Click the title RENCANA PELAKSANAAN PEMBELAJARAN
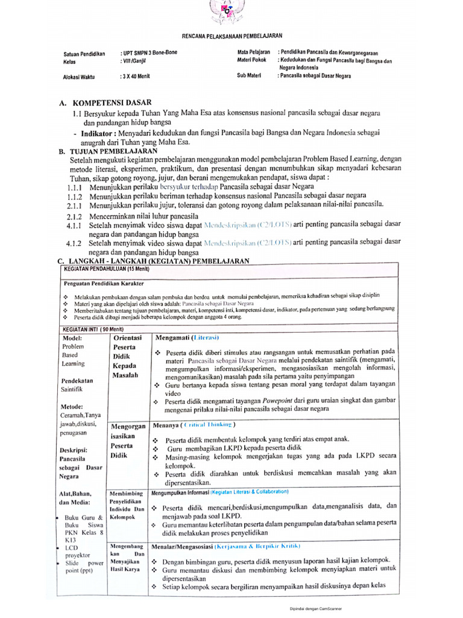[231, 36]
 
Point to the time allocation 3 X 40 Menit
[135, 76]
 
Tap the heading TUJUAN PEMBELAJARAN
[114, 150]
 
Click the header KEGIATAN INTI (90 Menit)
[93, 329]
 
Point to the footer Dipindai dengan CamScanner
[315, 608]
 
